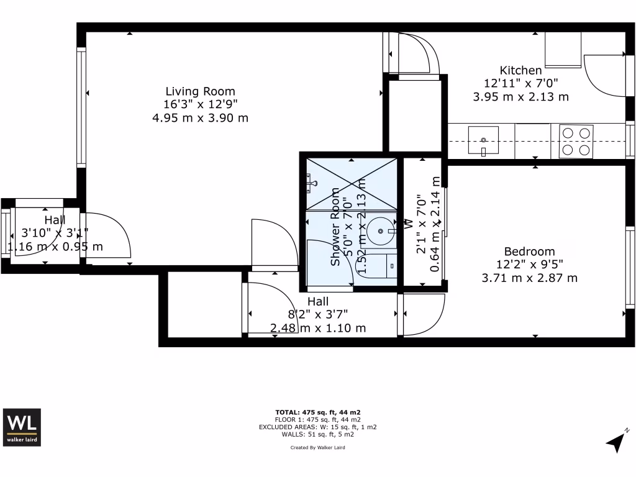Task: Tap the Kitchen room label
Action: pyautogui.click(x=520, y=70)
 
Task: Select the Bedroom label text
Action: pyautogui.click(x=529, y=252)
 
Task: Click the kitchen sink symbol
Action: pyautogui.click(x=483, y=140)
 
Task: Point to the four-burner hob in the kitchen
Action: pyautogui.click(x=576, y=141)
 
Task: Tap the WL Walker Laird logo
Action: pyautogui.click(x=22, y=427)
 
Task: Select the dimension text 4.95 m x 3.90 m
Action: pyautogui.click(x=200, y=117)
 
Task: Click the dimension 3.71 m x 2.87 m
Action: pyautogui.click(x=529, y=278)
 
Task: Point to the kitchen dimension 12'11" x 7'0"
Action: pyautogui.click(x=520, y=83)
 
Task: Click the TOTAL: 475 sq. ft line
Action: pyautogui.click(x=317, y=412)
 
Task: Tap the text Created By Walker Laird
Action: pyautogui.click(x=317, y=447)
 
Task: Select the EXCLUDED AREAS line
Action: pyautogui.click(x=317, y=427)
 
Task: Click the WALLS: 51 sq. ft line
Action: pyautogui.click(x=317, y=435)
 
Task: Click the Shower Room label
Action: pyautogui.click(x=335, y=227)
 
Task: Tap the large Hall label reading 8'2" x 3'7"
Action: pyautogui.click(x=318, y=301)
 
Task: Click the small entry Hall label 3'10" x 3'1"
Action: pyautogui.click(x=55, y=220)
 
